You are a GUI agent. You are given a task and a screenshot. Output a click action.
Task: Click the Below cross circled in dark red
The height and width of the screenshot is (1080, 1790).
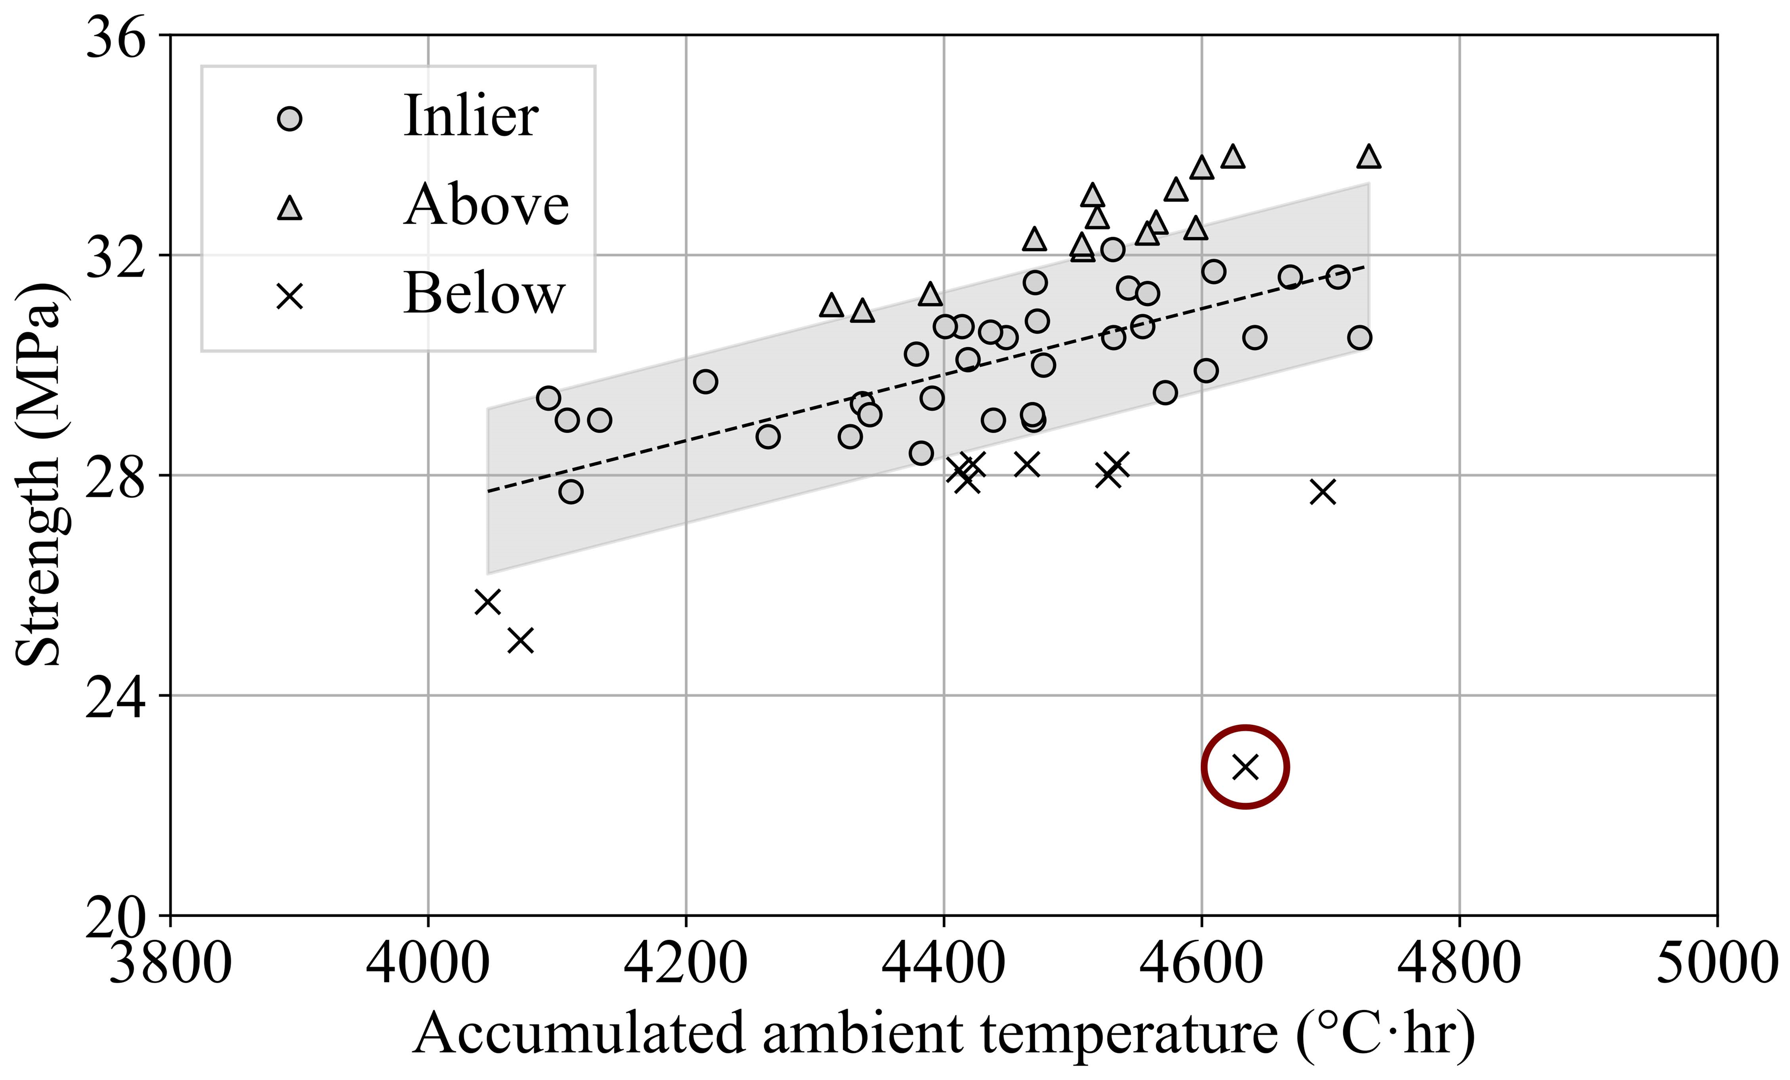1245,766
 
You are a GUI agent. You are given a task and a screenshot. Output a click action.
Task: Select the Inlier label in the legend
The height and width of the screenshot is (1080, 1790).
471,116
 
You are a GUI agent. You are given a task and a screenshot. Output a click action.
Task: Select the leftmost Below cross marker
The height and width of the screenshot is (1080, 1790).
487,602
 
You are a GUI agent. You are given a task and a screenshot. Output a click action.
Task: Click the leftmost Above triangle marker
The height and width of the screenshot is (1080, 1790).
831,306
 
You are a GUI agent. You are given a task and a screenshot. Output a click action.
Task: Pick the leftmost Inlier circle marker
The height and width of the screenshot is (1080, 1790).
549,398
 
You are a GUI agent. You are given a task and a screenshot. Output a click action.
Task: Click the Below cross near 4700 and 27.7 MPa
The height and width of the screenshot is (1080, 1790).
1323,491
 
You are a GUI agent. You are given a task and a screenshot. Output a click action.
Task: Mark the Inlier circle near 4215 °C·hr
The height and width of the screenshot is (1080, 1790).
705,381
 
